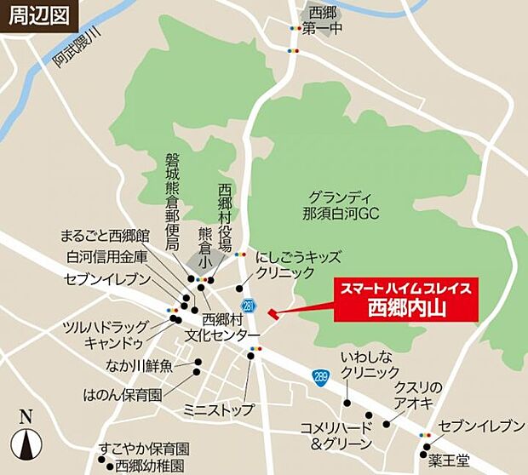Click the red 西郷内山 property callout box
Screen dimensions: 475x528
[x=406, y=298]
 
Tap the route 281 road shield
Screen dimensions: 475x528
[x=248, y=305]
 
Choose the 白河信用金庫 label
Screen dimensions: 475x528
[x=107, y=257]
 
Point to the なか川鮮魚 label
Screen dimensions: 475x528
[x=139, y=367]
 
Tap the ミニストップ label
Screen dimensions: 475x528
[x=218, y=410]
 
